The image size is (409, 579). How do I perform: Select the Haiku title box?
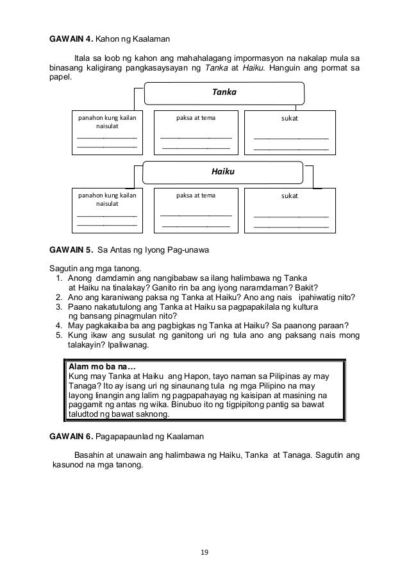(x=222, y=172)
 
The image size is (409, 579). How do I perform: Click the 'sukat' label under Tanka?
(x=290, y=119)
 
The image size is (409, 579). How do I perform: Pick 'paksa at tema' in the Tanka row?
(x=196, y=119)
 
